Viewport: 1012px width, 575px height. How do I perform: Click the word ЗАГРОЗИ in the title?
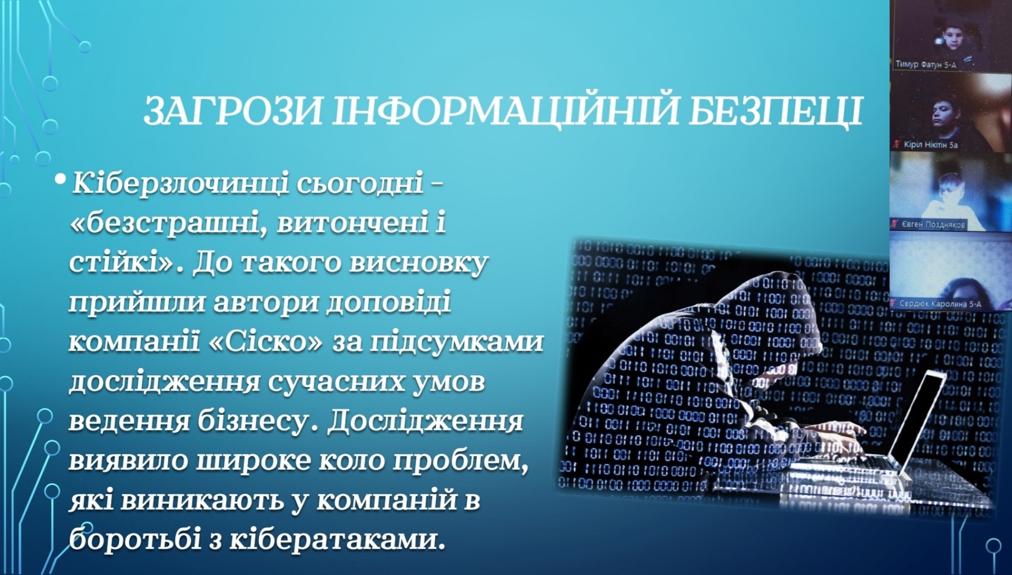point(233,110)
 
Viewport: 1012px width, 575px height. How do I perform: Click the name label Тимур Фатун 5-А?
point(925,64)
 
